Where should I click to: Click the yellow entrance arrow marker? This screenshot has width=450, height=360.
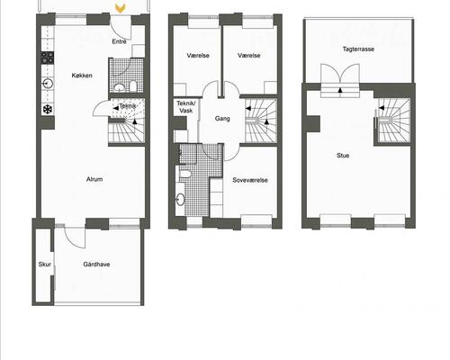tap(121, 9)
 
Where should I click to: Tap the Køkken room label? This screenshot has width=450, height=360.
tap(82, 76)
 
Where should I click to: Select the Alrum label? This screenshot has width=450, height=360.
tap(94, 179)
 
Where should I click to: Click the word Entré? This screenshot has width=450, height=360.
tap(119, 41)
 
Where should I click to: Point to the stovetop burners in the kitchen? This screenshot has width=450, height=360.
tap(48, 58)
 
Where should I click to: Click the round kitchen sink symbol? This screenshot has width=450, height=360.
tap(48, 83)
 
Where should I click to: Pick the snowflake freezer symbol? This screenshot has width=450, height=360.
tap(48, 109)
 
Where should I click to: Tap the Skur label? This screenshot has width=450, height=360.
tap(44, 265)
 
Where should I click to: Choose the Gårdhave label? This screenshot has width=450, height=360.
tap(96, 265)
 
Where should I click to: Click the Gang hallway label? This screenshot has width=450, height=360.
tap(222, 119)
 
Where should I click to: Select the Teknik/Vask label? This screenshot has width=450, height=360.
tap(186, 107)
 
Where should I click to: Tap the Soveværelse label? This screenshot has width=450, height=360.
tap(250, 180)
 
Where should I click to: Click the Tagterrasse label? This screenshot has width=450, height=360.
tap(358, 49)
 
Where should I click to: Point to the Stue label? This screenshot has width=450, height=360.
tap(343, 156)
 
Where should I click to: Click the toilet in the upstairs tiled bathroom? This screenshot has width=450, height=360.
tap(185, 174)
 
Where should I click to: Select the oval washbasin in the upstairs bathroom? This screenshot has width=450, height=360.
tap(180, 200)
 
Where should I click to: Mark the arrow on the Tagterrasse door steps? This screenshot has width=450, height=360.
tap(340, 89)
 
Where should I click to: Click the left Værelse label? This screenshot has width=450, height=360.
tap(198, 56)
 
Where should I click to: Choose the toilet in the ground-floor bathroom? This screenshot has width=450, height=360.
tap(133, 86)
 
